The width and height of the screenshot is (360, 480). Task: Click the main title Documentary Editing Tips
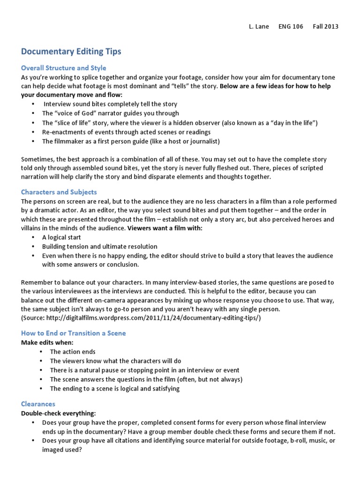71,51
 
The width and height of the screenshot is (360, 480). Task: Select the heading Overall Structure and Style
64,68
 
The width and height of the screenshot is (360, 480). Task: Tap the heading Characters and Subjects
59,192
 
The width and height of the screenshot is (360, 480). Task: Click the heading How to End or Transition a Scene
73,333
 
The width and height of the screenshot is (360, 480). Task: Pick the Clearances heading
38,404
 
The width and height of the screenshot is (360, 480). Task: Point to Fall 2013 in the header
325,26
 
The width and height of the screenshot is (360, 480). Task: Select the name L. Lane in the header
259,26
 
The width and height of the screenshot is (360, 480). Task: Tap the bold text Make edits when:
47,343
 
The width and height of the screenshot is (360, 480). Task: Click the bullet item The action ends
73,352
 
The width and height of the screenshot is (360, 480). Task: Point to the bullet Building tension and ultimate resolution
99,247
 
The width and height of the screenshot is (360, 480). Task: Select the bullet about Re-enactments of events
126,132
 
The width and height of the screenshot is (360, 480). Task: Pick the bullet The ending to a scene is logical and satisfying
114,389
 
